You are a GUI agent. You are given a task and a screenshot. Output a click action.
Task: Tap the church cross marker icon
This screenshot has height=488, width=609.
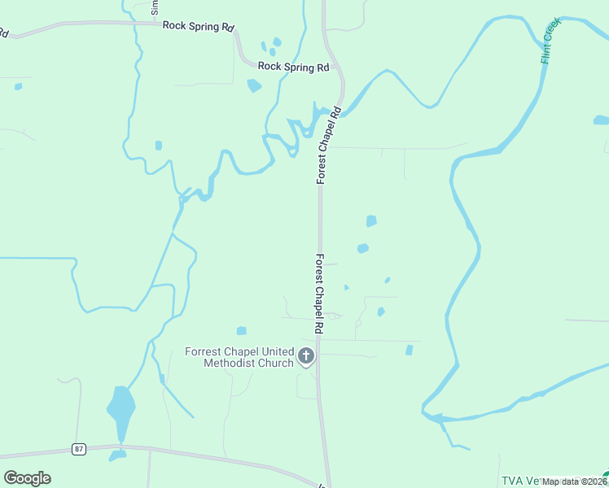[306, 355]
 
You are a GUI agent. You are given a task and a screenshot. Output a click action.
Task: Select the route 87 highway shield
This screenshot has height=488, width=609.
[78, 449]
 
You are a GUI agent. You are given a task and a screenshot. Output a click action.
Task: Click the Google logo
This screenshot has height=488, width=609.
[27, 478]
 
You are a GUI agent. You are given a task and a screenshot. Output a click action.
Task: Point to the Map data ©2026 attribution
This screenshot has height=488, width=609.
[574, 481]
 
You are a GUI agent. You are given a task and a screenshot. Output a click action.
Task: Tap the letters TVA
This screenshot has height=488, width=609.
[511, 481]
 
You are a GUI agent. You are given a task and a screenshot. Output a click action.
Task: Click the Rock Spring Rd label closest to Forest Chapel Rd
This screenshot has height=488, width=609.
[292, 67]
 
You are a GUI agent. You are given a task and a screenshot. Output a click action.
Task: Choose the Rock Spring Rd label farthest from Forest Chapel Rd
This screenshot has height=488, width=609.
[198, 26]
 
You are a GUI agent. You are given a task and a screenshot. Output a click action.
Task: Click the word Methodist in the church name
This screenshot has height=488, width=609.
[231, 363]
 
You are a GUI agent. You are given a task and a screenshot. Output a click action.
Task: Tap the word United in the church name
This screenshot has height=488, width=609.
[276, 351]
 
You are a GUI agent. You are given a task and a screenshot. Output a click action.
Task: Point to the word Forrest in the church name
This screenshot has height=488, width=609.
[204, 351]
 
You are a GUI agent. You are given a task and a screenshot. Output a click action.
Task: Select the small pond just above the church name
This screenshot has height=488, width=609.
[241, 330]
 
